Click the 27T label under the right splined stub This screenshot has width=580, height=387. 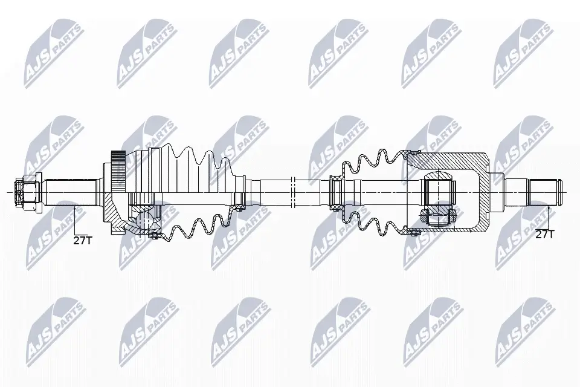click(544, 234)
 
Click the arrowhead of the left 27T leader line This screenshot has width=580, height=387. click(75, 209)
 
